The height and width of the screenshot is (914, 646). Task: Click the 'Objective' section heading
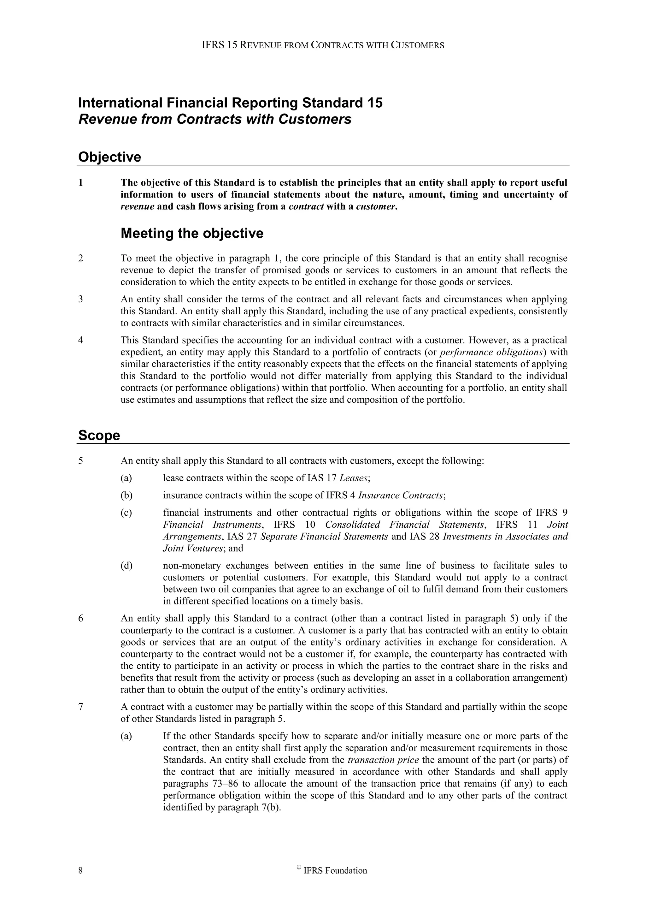coord(109,157)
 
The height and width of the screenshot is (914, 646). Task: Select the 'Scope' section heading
coord(99,435)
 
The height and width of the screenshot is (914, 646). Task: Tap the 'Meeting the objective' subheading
coord(192,233)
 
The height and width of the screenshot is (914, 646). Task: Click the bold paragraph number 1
coord(81,183)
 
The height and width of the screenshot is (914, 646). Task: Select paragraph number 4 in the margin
coord(81,340)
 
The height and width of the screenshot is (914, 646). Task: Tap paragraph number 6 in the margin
coord(81,619)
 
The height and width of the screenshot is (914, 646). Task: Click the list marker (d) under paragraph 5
coord(126,566)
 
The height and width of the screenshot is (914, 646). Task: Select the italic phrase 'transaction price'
coord(383,760)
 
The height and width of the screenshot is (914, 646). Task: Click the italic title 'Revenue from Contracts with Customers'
coord(215,119)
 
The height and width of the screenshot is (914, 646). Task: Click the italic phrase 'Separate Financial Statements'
coord(324,537)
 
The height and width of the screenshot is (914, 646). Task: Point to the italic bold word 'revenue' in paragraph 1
coord(137,207)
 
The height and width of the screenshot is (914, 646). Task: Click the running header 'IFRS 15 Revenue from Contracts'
coord(323,45)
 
